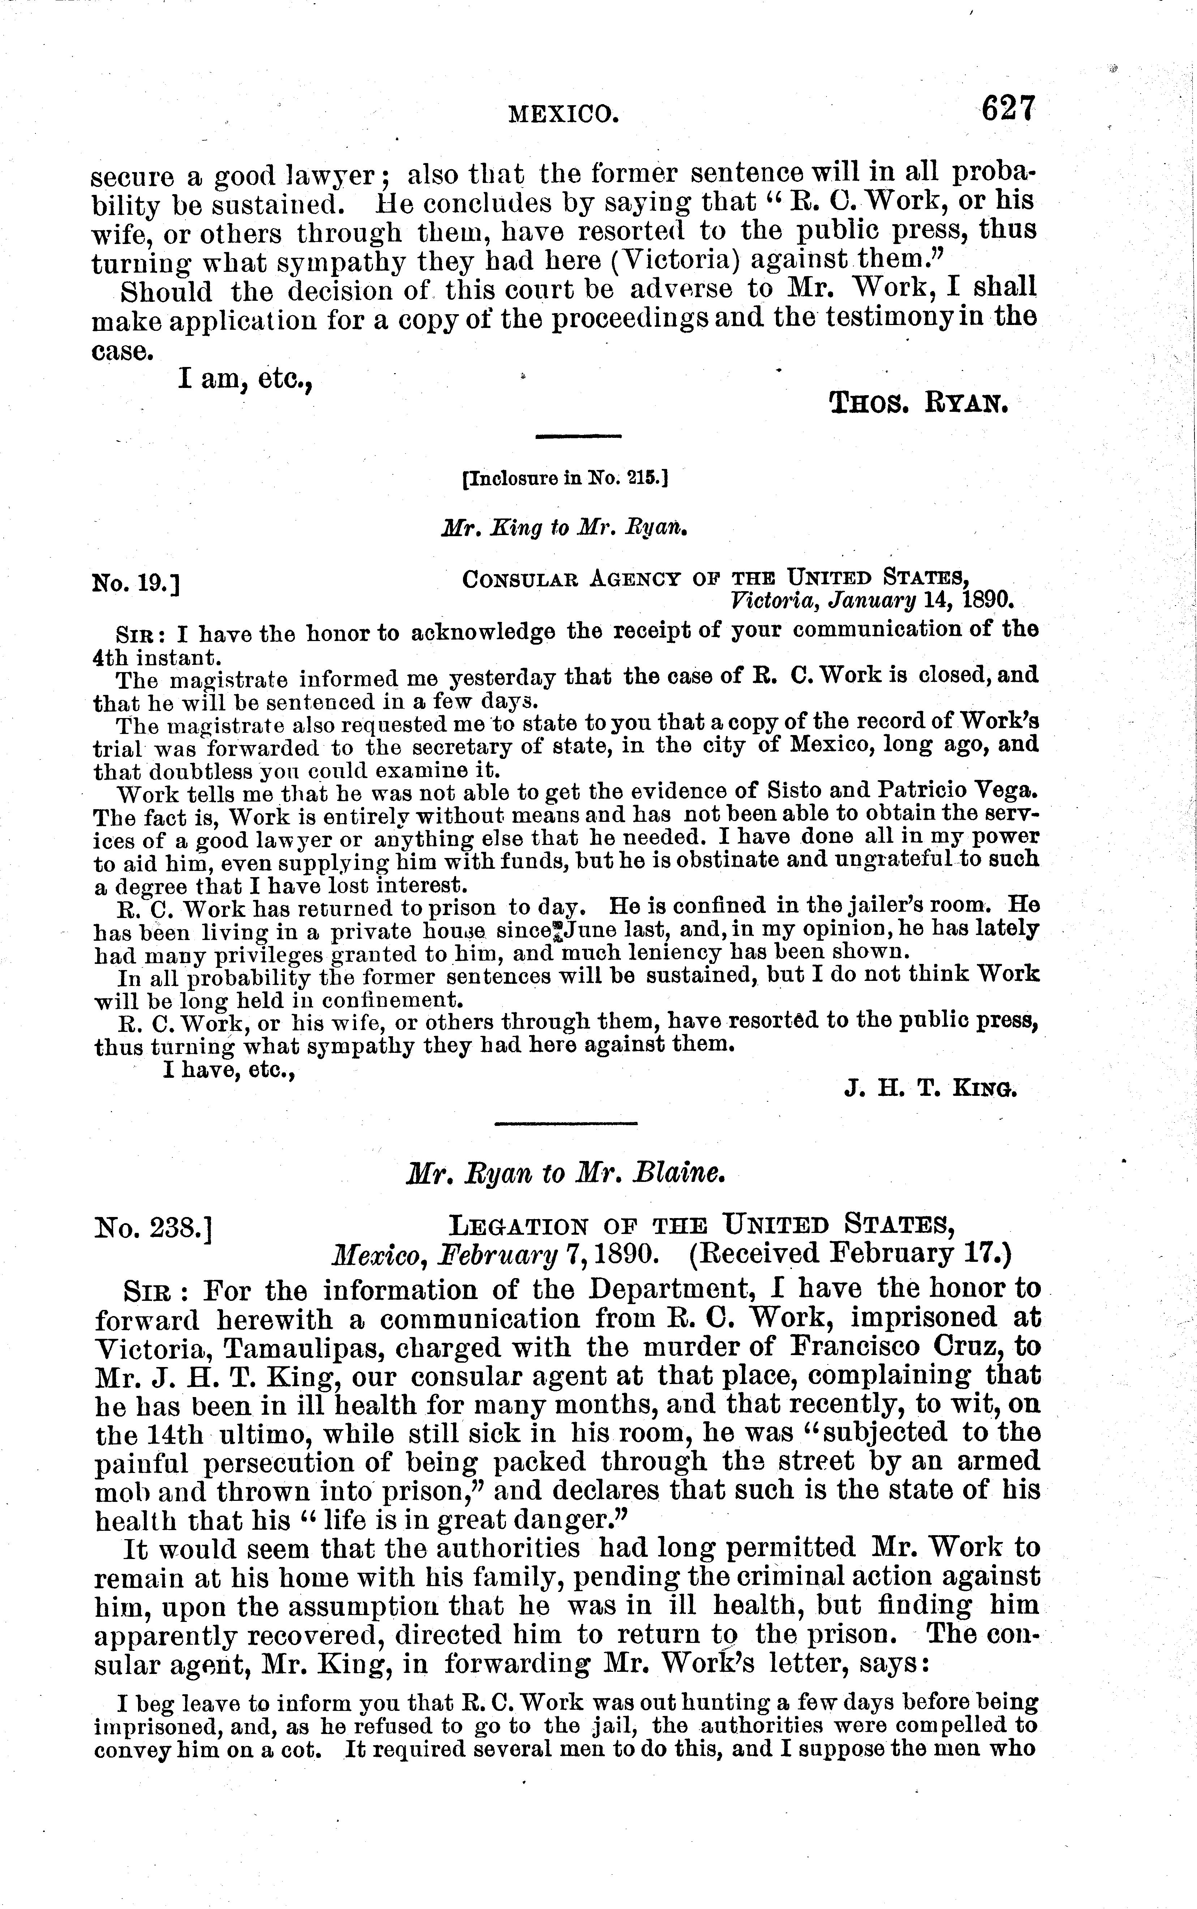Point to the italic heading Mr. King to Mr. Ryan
(x=563, y=528)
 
